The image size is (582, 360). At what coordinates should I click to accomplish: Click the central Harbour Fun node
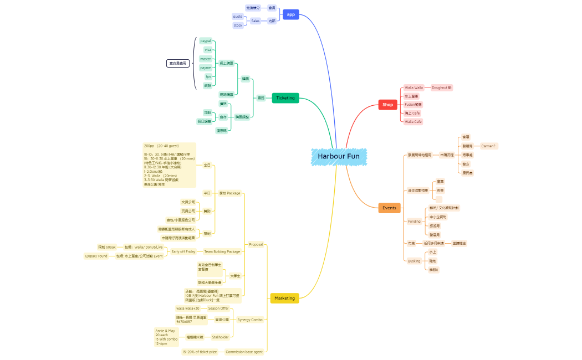tap(338, 156)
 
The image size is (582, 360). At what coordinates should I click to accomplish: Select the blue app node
tap(290, 14)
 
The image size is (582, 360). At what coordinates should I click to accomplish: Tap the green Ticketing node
tap(285, 98)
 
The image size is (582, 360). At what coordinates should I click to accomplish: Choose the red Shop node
tap(387, 104)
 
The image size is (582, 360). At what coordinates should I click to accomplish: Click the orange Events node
tap(389, 208)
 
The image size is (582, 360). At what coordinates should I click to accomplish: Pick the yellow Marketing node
tap(284, 298)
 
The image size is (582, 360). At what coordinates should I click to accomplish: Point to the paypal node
tap(206, 41)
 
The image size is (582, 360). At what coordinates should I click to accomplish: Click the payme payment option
tap(206, 68)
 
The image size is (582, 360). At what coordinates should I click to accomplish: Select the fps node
tap(208, 76)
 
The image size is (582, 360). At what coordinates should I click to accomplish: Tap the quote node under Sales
tap(238, 17)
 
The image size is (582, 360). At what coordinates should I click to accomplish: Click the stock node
tap(238, 25)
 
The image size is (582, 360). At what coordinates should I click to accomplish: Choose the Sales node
tap(255, 21)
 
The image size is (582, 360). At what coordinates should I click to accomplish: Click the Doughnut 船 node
tap(442, 88)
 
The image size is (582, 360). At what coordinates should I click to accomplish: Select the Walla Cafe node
tap(413, 121)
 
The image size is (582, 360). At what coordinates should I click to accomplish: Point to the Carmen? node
tap(488, 146)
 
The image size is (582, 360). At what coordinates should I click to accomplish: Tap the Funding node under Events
tap(414, 221)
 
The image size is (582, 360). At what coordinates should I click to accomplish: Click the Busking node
tap(414, 261)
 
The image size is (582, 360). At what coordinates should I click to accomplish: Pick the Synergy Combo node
tap(249, 320)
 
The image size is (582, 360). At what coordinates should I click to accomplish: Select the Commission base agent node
tap(244, 352)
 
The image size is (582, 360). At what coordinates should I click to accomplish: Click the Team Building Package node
tap(222, 251)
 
